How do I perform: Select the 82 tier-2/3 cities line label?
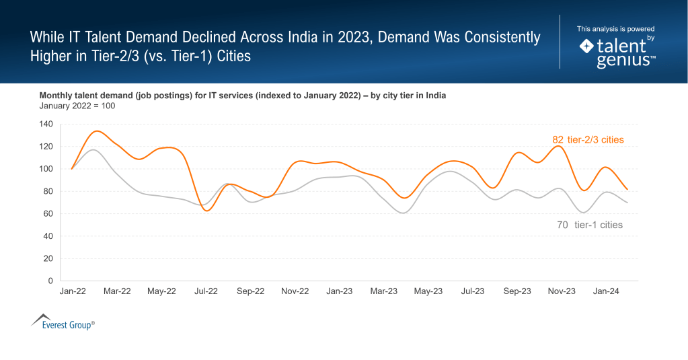click(588, 140)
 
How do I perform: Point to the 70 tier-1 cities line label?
click(590, 225)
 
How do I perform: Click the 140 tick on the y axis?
click(46, 124)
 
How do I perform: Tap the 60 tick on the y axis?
click(48, 214)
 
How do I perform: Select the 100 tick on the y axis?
click(46, 169)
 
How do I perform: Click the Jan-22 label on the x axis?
click(71, 291)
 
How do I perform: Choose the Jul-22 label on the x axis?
click(206, 291)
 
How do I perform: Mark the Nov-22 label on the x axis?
click(295, 291)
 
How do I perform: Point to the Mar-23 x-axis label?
click(383, 291)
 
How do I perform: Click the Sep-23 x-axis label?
click(517, 291)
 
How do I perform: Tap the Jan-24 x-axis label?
click(606, 291)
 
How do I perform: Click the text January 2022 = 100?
click(77, 106)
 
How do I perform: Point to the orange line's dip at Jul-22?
click(206, 211)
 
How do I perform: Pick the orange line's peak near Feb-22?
click(96, 131)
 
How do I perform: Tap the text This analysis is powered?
click(615, 29)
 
